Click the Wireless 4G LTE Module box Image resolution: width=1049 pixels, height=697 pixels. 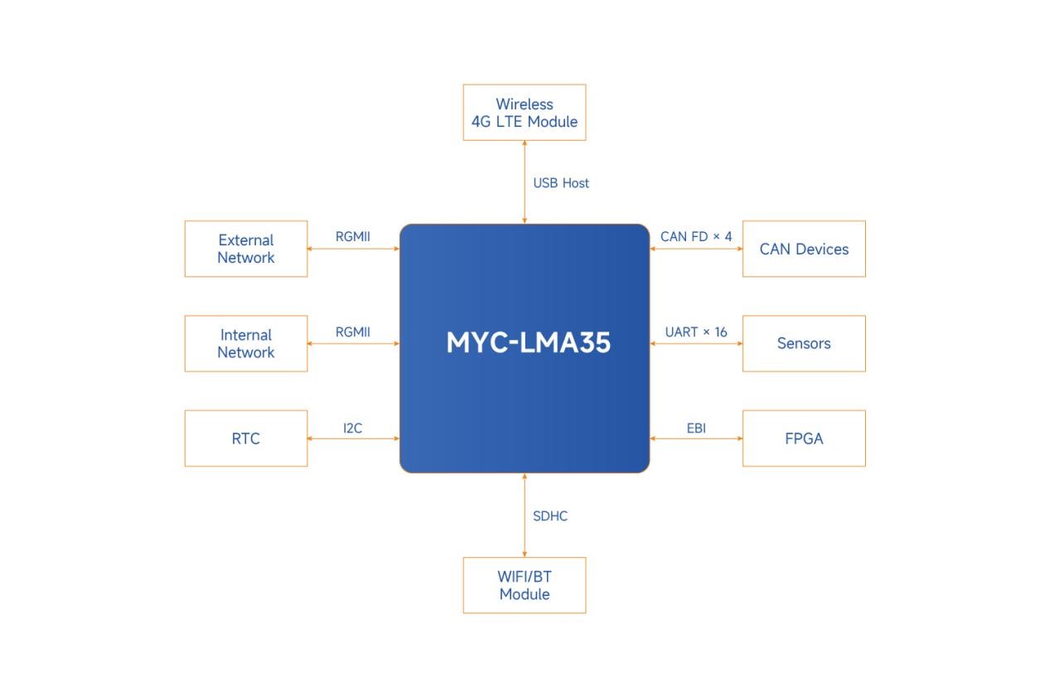[524, 113]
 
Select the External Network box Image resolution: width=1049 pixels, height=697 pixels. [245, 249]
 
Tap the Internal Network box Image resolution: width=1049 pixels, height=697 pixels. [245, 343]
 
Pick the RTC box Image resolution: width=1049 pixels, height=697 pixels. [245, 438]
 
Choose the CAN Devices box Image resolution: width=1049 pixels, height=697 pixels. [804, 249]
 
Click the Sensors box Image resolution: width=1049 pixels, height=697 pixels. [804, 343]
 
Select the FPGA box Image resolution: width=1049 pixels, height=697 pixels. [804, 438]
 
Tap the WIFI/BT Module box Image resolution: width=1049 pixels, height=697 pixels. [524, 585]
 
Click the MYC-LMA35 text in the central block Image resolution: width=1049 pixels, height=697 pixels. [528, 342]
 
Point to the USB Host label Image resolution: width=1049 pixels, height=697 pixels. [561, 183]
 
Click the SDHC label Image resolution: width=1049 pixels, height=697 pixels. [550, 516]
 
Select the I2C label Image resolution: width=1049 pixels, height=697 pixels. [352, 428]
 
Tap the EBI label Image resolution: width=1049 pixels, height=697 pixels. [696, 428]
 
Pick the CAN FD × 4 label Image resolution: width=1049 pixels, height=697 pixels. [696, 237]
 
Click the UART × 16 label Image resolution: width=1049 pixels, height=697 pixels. [696, 332]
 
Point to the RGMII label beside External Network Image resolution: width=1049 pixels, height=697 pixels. [352, 237]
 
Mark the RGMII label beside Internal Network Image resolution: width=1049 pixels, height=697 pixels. [352, 332]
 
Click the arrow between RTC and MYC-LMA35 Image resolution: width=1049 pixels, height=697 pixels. [354, 438]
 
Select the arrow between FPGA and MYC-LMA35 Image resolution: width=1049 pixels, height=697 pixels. [696, 438]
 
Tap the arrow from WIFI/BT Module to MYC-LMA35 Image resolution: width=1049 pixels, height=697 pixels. [524, 515]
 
